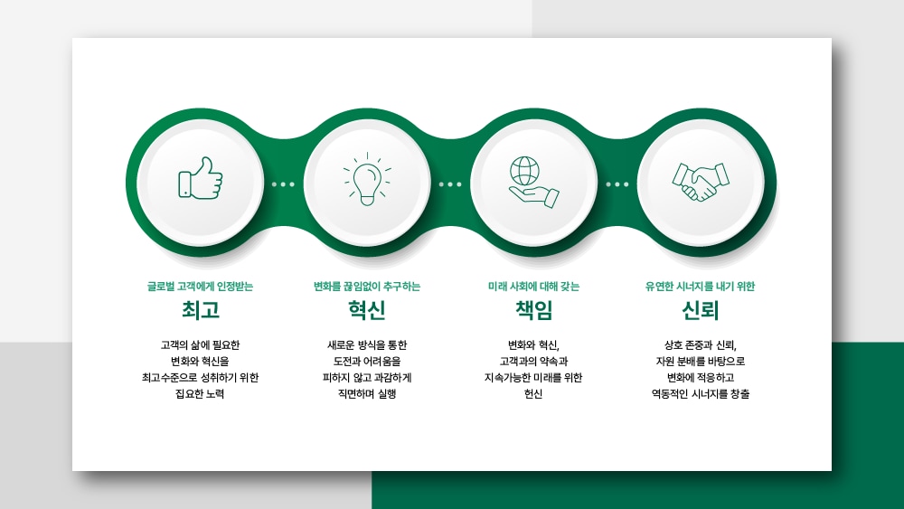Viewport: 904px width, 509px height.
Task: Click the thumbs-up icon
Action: click(x=200, y=178)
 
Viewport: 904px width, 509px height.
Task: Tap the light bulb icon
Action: click(x=367, y=179)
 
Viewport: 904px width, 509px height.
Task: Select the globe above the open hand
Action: click(x=525, y=171)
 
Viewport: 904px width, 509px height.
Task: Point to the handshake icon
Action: click(x=701, y=182)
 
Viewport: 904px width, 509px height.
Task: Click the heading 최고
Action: click(x=201, y=310)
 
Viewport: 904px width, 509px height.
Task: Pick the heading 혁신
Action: click(x=367, y=310)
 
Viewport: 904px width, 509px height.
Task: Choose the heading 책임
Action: click(x=534, y=310)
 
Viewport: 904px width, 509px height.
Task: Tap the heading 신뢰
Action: click(x=700, y=310)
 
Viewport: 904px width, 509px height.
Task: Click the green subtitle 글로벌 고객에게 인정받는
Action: click(x=200, y=286)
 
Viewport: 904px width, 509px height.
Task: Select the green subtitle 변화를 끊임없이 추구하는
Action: click(x=367, y=286)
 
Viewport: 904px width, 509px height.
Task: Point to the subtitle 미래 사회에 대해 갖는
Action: click(x=534, y=286)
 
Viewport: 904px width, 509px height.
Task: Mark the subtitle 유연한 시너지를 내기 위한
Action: click(x=700, y=286)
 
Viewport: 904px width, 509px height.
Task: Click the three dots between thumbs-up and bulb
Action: click(x=283, y=184)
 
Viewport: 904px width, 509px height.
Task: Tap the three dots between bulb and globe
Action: click(x=450, y=184)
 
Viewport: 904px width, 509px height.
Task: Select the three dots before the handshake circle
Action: click(x=617, y=184)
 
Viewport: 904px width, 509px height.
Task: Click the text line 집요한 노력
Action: click(x=200, y=394)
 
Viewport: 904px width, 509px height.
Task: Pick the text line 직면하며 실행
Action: click(x=367, y=394)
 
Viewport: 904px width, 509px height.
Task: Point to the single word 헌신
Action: click(x=534, y=394)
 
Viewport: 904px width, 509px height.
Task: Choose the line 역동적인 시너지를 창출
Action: click(x=700, y=394)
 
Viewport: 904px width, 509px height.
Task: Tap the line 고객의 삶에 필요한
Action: click(x=200, y=345)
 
